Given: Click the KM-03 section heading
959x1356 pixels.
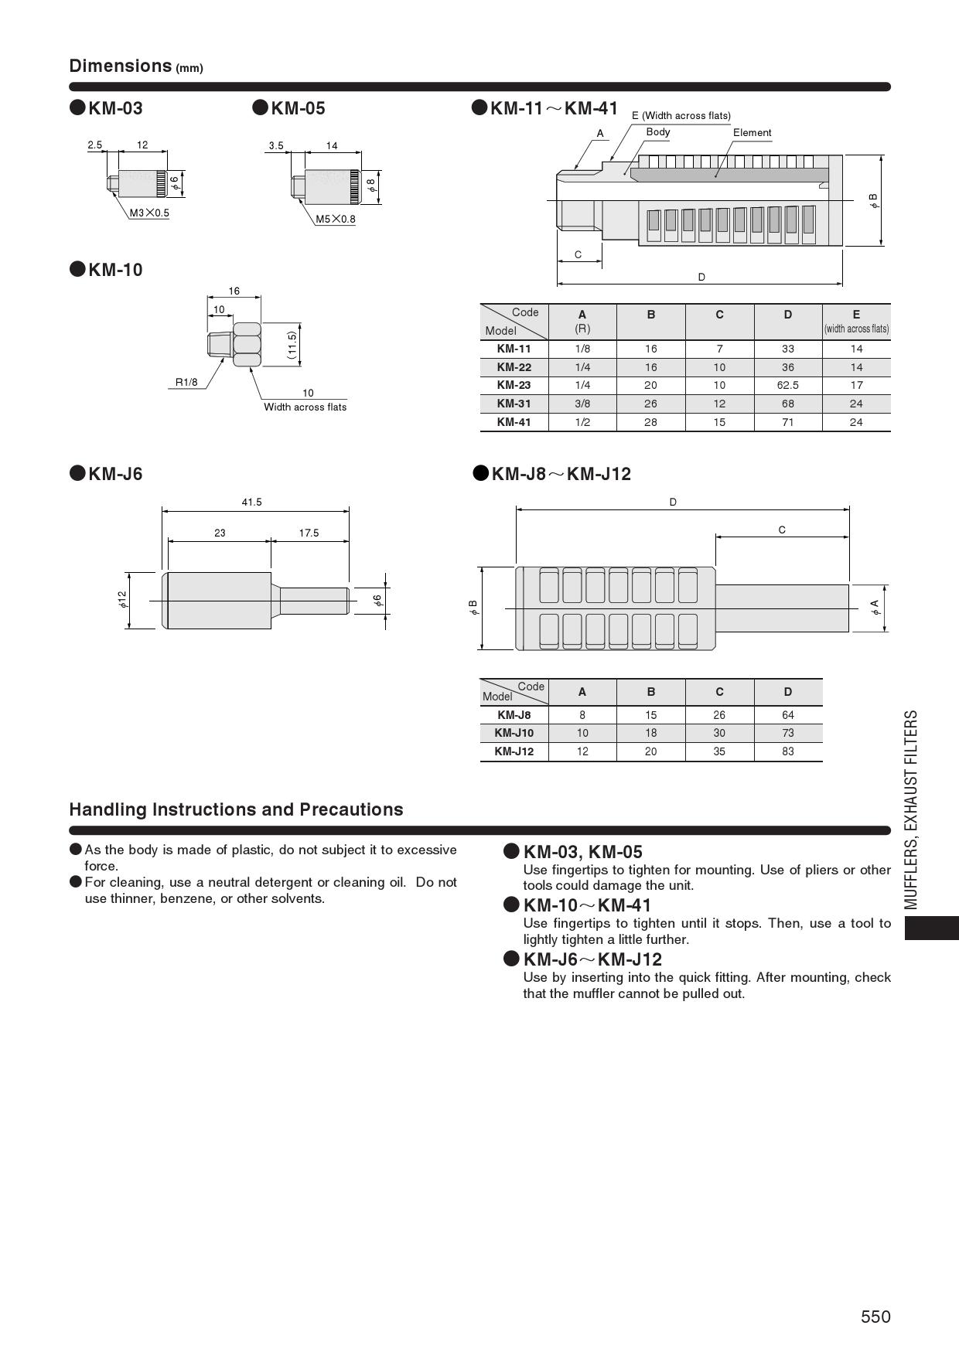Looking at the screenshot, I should [115, 108].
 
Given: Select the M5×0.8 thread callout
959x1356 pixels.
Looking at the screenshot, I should [336, 219].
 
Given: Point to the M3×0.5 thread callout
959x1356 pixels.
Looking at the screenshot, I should [149, 213].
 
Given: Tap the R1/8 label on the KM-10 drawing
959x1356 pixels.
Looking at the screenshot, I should [186, 382].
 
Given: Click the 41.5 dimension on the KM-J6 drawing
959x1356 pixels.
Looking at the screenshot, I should [251, 503].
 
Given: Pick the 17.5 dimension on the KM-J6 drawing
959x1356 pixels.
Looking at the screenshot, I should [309, 533].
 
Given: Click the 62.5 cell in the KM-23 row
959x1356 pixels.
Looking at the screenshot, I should [787, 385].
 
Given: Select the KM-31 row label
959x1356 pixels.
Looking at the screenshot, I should [514, 404].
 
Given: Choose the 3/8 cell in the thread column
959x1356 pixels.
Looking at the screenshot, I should [582, 404].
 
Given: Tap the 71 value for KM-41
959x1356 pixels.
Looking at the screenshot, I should [787, 422].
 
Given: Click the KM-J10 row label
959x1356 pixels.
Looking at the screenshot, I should [514, 733].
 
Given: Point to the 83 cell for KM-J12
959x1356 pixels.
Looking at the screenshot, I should [787, 751].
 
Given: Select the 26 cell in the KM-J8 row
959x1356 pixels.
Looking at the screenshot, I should [719, 715].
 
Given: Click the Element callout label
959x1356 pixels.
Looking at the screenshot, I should [752, 133].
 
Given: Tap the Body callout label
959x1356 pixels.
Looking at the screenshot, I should [658, 132].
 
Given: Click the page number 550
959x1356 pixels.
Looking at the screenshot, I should [875, 1317].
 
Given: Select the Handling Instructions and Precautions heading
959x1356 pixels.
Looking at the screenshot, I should [236, 809].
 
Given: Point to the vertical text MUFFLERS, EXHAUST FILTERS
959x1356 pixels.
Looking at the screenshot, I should [912, 809].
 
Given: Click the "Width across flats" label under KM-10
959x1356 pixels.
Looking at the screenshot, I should [305, 407].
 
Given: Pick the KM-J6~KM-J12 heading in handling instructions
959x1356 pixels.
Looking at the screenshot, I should [592, 959].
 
